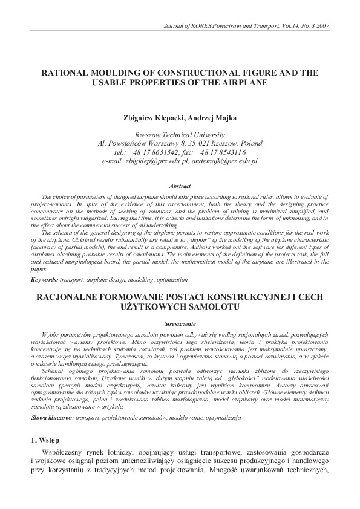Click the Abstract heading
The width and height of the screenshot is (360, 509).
tap(180, 186)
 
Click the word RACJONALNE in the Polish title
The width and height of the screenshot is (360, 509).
tap(70, 296)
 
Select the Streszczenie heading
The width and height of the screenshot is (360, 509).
tap(180, 323)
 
